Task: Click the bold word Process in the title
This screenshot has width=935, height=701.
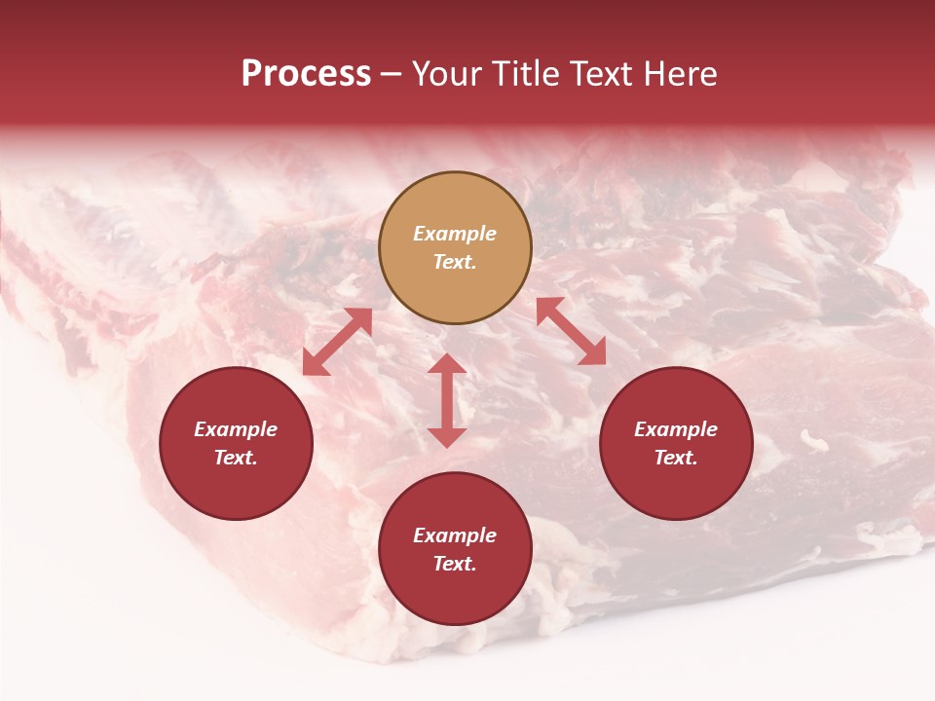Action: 306,74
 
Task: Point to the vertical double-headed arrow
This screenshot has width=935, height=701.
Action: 447,400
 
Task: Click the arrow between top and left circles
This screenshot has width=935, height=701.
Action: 337,342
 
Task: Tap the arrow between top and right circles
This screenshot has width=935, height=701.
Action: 571,331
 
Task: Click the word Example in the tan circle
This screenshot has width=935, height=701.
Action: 455,234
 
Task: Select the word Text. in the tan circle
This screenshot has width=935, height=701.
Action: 455,263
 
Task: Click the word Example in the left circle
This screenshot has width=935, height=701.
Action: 236,429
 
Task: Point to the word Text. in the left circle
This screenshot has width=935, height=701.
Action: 236,458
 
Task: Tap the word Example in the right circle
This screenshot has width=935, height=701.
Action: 676,429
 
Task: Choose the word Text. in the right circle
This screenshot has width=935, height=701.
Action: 676,458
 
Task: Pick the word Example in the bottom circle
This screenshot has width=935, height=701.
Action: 455,535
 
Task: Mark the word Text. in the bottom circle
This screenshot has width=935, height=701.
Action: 455,564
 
